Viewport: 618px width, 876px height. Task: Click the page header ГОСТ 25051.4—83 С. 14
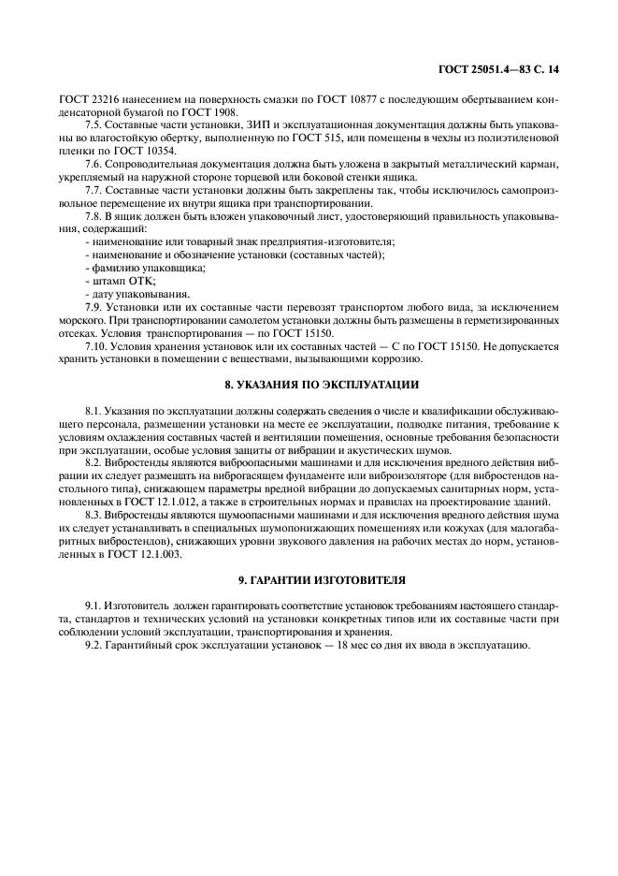pyautogui.click(x=504, y=70)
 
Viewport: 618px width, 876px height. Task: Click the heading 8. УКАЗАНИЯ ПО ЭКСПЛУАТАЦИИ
pyautogui.click(x=309, y=385)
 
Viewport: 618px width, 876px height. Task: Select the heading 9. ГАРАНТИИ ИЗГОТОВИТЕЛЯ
pyautogui.click(x=309, y=581)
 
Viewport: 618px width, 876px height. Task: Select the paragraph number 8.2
pyautogui.click(x=94, y=462)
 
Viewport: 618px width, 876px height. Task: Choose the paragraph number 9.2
pyautogui.click(x=94, y=646)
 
